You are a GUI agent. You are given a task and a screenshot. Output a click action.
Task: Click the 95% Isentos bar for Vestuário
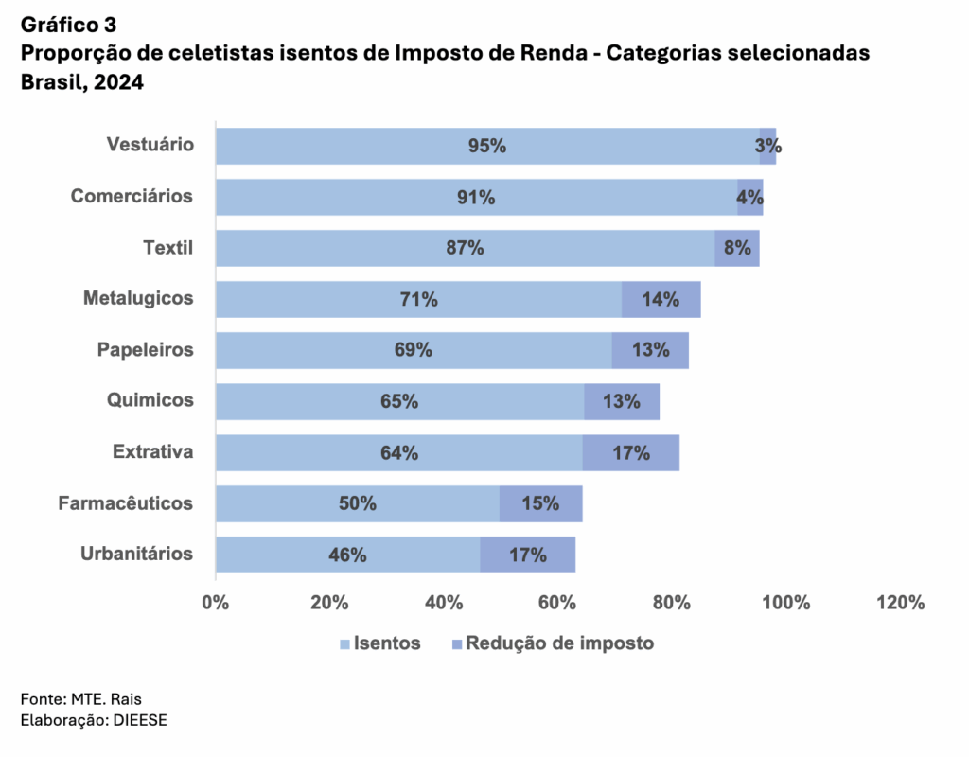coord(487,146)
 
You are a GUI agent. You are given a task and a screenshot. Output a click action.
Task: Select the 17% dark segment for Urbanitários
coord(527,555)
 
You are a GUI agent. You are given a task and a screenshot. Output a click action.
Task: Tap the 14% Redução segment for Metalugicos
coord(661,299)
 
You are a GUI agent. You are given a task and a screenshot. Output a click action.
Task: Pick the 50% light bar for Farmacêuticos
coord(358,503)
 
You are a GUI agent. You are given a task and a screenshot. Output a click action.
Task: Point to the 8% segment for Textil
coord(737,248)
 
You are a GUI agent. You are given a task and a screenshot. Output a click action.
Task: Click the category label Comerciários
coord(132,196)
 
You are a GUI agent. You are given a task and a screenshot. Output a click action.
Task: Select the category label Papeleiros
coord(145,349)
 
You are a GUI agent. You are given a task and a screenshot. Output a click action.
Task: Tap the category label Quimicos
coord(150,400)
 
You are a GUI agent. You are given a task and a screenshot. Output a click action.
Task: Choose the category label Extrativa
coord(152,451)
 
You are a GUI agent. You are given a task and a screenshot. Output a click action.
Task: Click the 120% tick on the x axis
coord(900,603)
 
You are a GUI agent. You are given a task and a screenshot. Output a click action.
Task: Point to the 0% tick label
coord(216,603)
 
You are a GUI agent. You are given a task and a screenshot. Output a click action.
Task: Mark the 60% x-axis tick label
coord(557,603)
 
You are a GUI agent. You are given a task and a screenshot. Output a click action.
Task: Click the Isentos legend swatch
coord(344,644)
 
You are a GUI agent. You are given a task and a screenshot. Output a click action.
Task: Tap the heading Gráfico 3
coord(69,24)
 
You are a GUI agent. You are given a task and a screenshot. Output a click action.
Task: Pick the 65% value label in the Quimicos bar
coord(399,401)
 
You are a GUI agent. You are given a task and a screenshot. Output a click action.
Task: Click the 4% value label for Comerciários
coord(749,197)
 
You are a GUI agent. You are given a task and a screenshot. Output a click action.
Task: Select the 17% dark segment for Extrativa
coord(630,452)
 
